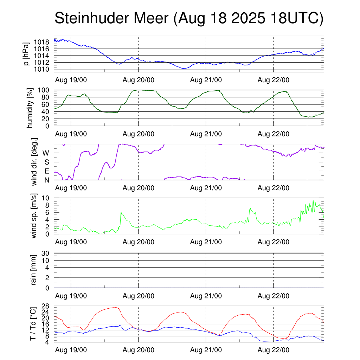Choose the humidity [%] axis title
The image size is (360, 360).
click(x=30, y=108)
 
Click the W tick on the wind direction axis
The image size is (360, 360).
click(x=46, y=153)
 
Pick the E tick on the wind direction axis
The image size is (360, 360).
click(x=46, y=171)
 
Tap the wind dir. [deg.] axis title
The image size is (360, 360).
click(x=35, y=162)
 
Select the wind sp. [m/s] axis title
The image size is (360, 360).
click(x=34, y=216)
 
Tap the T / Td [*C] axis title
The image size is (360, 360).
click(x=33, y=324)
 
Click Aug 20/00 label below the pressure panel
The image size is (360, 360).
click(x=139, y=80)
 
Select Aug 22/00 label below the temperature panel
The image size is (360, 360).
click(x=274, y=350)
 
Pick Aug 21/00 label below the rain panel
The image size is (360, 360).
click(x=206, y=296)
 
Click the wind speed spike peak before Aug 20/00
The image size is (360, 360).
click(x=121, y=212)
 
